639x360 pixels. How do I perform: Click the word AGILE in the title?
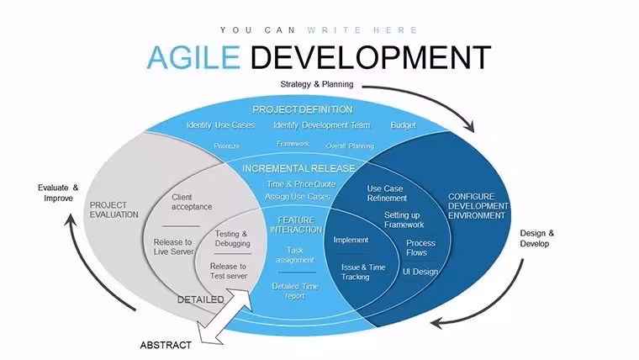point(193,57)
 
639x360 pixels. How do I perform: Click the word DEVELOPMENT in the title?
point(371,57)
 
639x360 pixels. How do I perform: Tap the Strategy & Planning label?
point(317,84)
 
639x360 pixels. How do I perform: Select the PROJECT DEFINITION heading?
point(303,109)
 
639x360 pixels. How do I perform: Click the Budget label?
point(403,125)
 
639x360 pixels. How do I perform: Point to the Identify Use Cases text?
point(220,125)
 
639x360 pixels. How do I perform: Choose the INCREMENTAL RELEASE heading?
point(298,168)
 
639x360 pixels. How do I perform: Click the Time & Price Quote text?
point(301,184)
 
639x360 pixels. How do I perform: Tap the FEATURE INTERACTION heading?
point(296,225)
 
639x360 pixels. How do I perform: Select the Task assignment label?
point(295,255)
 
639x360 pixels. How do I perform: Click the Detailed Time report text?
point(295,291)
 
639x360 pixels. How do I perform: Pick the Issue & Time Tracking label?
point(363,272)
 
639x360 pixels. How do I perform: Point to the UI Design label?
point(420,272)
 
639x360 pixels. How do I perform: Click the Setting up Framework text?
point(404,220)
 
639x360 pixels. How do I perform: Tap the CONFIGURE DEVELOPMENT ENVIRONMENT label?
point(478,206)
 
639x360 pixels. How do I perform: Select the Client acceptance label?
point(192,202)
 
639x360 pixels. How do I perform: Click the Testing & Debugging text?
point(232,239)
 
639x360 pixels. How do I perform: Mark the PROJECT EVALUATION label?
point(114,210)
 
